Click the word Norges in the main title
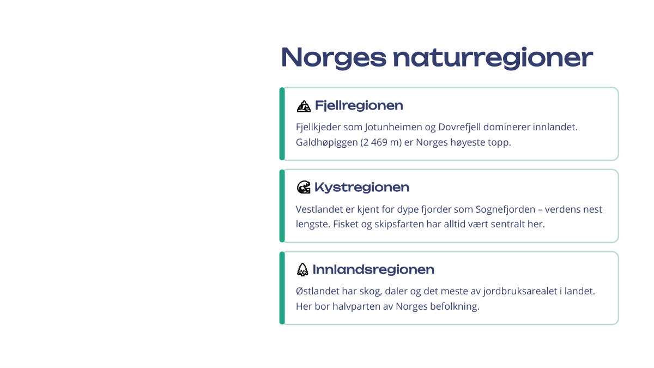334,58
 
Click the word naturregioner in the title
493,58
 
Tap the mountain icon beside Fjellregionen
304,106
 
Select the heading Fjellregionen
359,105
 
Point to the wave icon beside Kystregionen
304,187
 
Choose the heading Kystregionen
362,188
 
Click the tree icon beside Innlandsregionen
302,269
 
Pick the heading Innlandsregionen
373,269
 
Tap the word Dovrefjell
459,127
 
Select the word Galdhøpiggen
326,142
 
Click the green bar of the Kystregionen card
282,206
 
